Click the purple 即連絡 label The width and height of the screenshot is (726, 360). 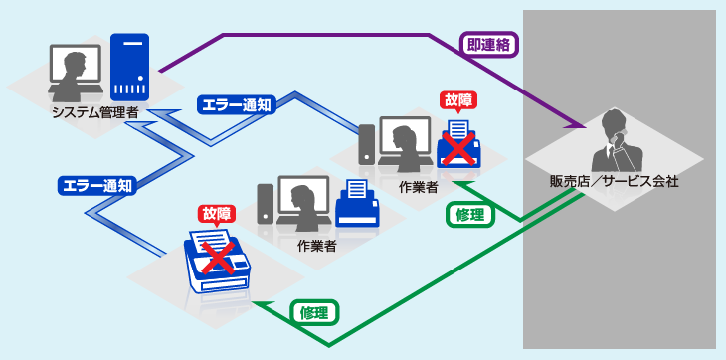pos(490,44)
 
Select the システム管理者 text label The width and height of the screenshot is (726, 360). pos(95,112)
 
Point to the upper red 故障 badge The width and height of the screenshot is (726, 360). pos(457,99)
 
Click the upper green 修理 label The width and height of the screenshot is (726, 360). pos(469,215)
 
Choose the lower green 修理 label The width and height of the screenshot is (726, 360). pos(315,312)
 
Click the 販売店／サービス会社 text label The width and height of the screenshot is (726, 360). pos(614,182)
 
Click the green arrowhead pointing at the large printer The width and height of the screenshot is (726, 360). pos(261,304)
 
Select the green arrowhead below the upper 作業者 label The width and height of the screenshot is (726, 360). pos(457,184)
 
